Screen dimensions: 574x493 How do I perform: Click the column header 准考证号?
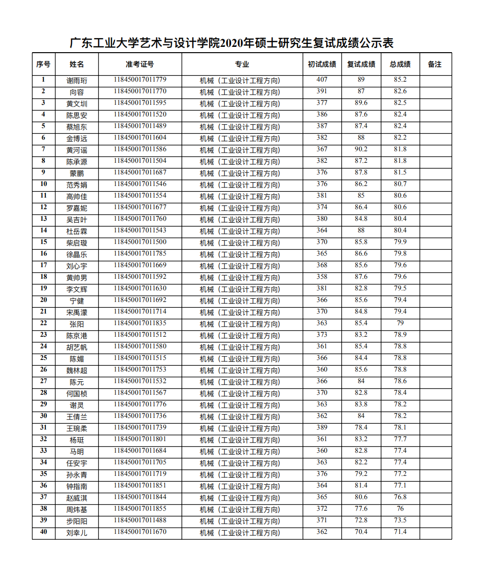[x=140, y=64]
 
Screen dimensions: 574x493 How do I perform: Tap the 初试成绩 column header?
[x=322, y=64]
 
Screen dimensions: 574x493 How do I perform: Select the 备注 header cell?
[x=435, y=64]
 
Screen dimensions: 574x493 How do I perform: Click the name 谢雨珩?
[x=77, y=81]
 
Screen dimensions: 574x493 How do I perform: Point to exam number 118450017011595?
[x=140, y=103]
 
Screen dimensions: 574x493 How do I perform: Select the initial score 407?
[x=322, y=80]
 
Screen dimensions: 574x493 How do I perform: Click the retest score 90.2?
[x=361, y=149]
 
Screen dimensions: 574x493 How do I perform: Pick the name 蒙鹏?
[x=77, y=173]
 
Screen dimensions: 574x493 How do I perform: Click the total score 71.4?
[x=400, y=532]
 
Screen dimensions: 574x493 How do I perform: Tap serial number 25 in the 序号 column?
[x=43, y=358]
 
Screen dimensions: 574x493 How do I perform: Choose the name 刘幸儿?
[x=77, y=533]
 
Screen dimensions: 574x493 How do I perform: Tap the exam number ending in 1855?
[x=140, y=509]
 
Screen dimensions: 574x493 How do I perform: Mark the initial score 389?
[x=322, y=428]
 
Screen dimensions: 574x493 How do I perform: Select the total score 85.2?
[x=400, y=80]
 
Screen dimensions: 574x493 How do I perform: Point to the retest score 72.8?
[x=361, y=520]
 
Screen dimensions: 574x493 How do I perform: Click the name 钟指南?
[x=77, y=487]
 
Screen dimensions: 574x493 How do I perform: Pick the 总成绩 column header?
[x=400, y=64]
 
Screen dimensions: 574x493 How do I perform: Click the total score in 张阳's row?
[x=400, y=323]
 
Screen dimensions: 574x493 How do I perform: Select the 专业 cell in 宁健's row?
[x=240, y=301]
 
